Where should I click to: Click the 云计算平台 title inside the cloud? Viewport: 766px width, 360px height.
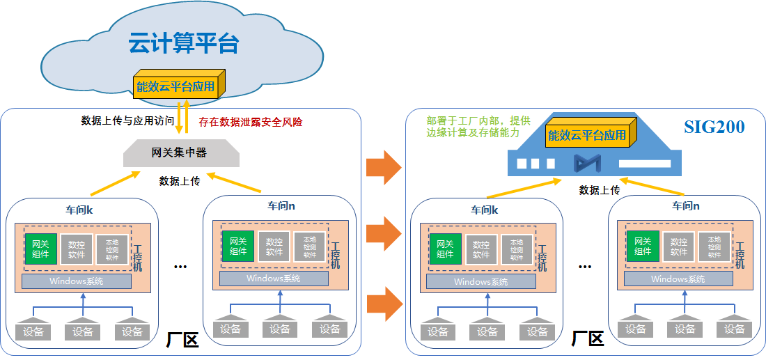pyautogui.click(x=184, y=43)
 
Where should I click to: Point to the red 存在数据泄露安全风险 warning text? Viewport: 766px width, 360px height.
pyautogui.click(x=251, y=121)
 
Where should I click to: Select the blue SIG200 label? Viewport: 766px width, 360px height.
pyautogui.click(x=714, y=127)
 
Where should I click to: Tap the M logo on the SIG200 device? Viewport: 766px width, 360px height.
pyautogui.click(x=586, y=164)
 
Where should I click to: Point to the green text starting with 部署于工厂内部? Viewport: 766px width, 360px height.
pyautogui.click(x=474, y=125)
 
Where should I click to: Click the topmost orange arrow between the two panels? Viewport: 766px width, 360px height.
pyautogui.click(x=384, y=167)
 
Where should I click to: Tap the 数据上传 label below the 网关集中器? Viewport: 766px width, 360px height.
pyautogui.click(x=180, y=181)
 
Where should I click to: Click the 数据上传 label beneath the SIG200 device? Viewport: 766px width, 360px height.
pyautogui.click(x=600, y=190)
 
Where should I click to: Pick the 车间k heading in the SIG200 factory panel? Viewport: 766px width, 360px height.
pyautogui.click(x=485, y=210)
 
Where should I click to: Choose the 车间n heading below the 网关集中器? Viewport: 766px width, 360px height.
pyautogui.click(x=281, y=206)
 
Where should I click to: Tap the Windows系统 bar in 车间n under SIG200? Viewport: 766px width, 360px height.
pyautogui.click(x=678, y=279)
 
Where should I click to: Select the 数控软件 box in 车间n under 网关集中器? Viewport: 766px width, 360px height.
pyautogui.click(x=274, y=246)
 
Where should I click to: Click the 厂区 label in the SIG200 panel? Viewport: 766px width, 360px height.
pyautogui.click(x=587, y=340)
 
